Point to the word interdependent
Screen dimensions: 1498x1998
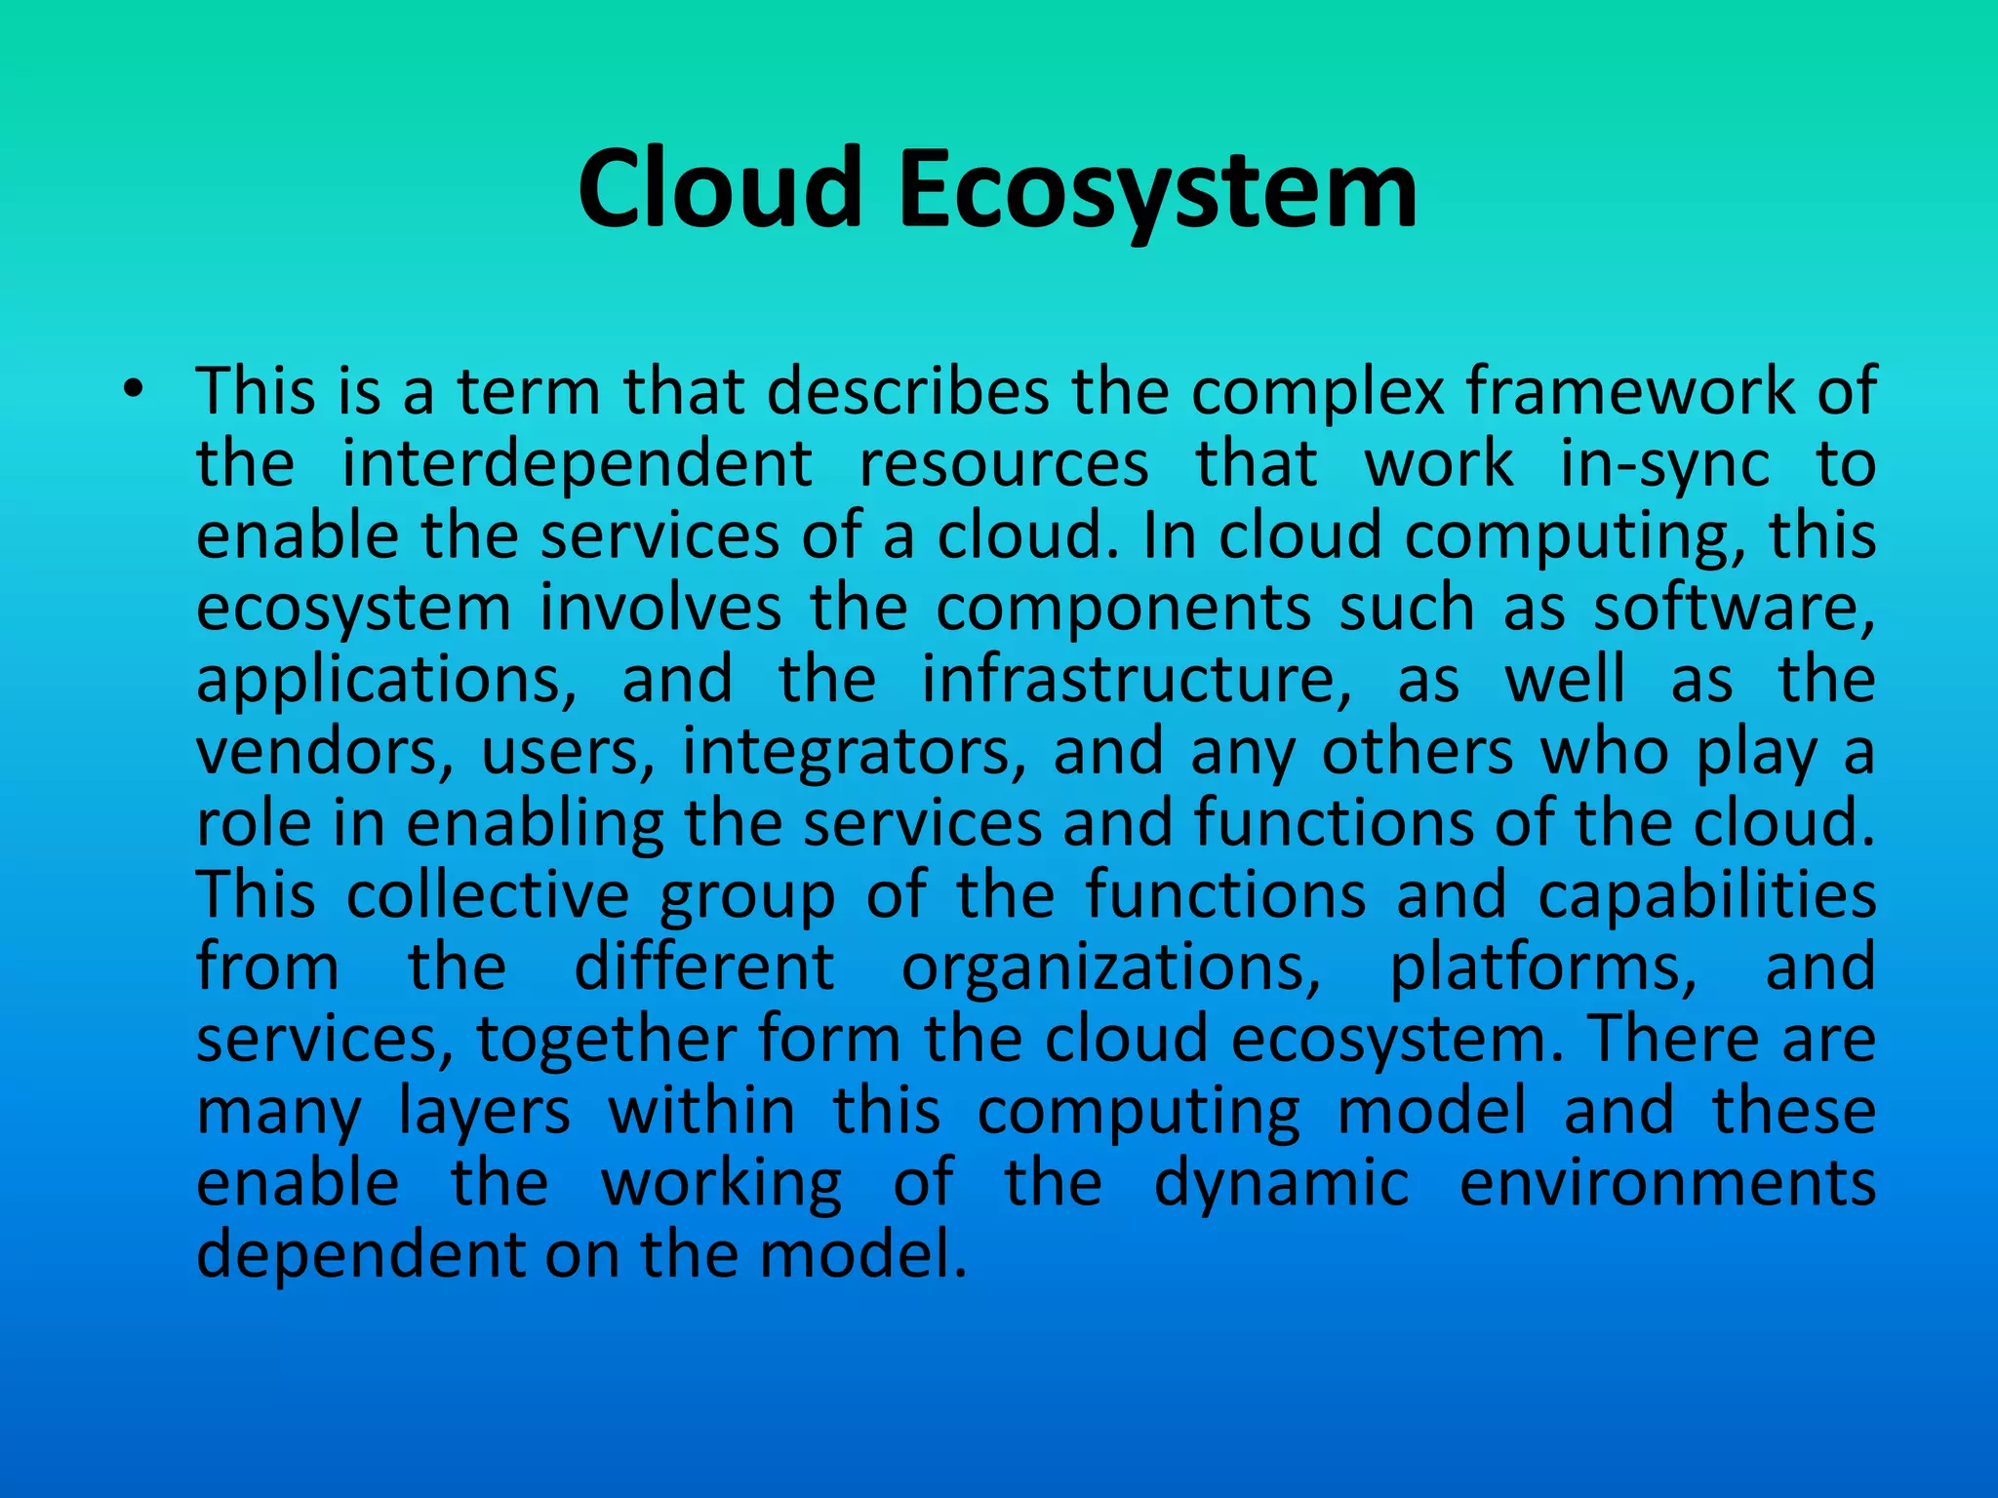pos(577,463)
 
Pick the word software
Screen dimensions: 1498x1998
pos(1734,608)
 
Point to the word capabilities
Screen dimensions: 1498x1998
pos(1706,895)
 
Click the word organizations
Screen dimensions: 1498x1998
pos(1110,967)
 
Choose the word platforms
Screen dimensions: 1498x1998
pos(1542,967)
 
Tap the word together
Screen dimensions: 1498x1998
pos(605,1039)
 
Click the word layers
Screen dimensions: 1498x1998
pos(484,1112)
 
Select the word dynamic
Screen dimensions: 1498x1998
pos(1281,1184)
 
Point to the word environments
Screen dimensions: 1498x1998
pos(1667,1183)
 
